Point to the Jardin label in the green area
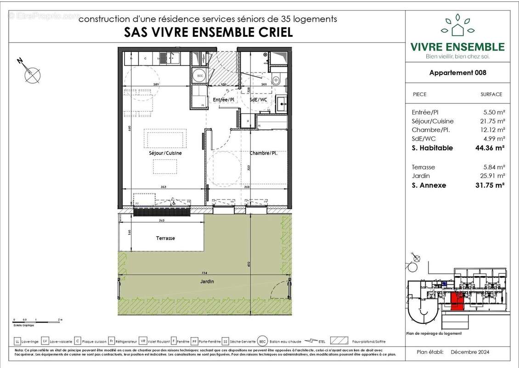point(207,282)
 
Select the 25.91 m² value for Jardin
point(494,176)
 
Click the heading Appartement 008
point(457,73)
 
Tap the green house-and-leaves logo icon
point(457,26)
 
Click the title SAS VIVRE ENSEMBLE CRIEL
point(208,33)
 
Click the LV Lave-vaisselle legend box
point(45,342)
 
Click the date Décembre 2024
point(470,352)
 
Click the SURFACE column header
point(491,94)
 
